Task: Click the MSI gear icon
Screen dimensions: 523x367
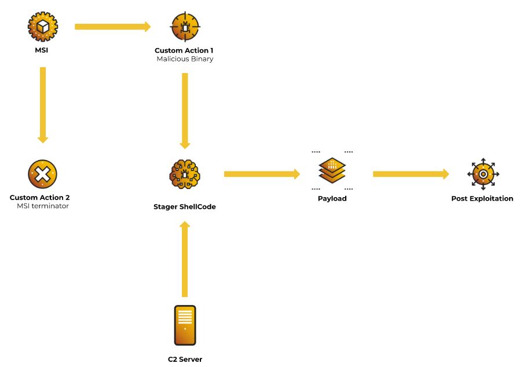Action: (43, 27)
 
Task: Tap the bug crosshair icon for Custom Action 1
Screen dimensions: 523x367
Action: (185, 27)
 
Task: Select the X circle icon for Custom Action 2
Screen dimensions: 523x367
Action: (43, 174)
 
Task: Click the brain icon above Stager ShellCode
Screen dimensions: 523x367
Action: (185, 174)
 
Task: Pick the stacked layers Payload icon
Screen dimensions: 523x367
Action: (332, 170)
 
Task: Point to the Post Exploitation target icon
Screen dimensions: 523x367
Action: (483, 174)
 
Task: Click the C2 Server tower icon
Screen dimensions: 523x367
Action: (185, 325)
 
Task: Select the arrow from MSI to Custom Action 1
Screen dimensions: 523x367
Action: (113, 27)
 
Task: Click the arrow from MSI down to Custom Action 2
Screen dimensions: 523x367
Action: (43, 105)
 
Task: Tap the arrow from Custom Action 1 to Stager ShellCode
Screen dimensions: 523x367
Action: (185, 111)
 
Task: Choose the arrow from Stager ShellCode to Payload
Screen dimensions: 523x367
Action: (262, 174)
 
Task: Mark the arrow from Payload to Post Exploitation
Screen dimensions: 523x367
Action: (411, 174)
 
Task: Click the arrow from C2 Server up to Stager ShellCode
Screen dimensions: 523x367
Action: (185, 259)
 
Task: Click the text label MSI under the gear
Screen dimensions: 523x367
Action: (42, 50)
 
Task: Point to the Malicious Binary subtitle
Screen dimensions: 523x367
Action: (185, 59)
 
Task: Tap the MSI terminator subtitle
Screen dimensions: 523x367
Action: (43, 206)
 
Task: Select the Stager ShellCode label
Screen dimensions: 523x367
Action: (184, 207)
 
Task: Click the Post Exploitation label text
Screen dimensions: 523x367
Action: (482, 198)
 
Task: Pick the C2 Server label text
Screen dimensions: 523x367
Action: (185, 359)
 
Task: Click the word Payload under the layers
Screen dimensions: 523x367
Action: (332, 198)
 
